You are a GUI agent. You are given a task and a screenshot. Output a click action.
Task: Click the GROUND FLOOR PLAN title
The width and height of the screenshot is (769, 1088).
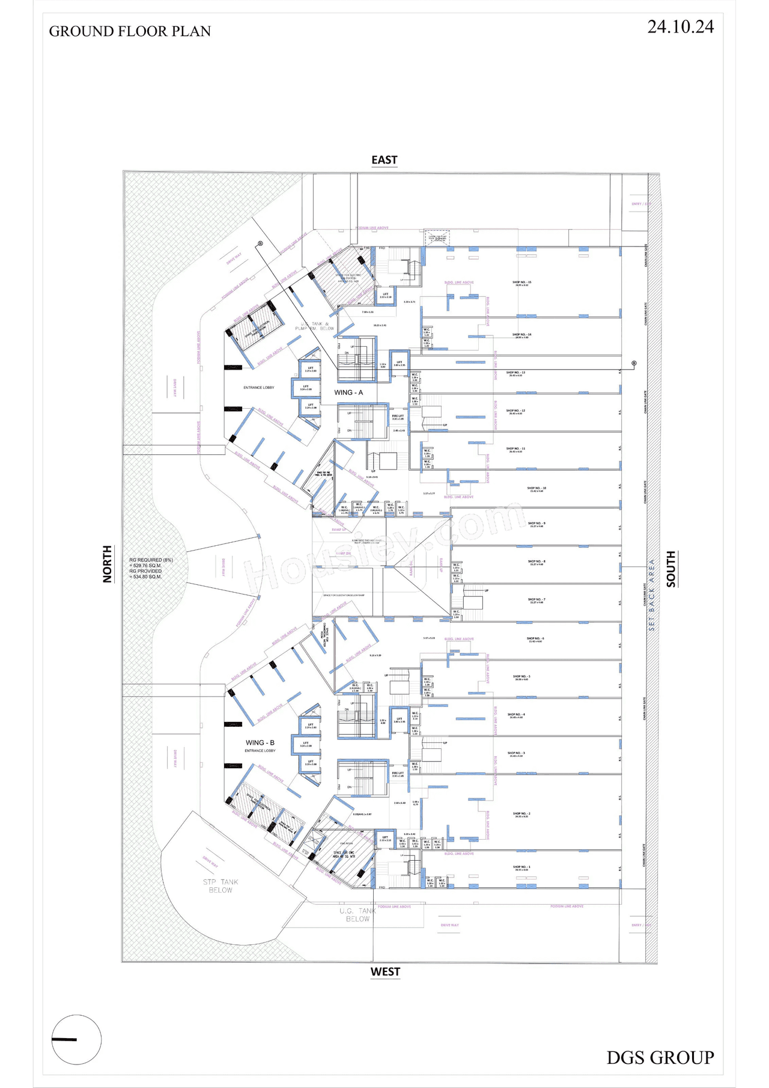point(130,31)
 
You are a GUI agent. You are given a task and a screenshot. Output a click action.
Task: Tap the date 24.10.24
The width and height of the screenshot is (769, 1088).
point(680,27)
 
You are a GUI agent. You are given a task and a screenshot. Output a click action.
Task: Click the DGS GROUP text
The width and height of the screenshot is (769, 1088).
point(660,1058)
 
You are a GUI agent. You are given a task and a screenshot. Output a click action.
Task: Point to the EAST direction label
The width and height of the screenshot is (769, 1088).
point(384,160)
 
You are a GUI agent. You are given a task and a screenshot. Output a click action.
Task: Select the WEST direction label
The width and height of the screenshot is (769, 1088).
point(385,972)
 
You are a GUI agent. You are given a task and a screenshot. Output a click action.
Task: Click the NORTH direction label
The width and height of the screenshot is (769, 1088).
point(108,564)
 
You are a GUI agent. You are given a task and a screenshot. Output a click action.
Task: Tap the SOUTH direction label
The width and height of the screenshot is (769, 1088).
point(671,569)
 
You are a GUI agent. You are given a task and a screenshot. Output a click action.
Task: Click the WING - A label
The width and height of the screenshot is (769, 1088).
point(348,393)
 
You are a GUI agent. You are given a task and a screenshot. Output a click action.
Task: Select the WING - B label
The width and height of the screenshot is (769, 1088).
point(260,743)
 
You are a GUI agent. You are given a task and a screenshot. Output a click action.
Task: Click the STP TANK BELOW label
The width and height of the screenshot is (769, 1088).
point(220,886)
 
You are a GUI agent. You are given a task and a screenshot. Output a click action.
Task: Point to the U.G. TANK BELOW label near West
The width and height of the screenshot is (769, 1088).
point(357,915)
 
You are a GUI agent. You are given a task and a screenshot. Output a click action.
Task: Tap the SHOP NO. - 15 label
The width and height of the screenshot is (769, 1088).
point(521,283)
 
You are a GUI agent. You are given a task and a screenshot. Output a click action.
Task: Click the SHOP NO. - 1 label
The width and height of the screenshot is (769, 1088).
point(521,867)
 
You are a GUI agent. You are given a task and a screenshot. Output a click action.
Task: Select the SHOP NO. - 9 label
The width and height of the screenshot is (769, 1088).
point(536,524)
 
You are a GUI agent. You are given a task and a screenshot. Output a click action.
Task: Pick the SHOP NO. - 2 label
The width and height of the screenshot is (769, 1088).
point(521,814)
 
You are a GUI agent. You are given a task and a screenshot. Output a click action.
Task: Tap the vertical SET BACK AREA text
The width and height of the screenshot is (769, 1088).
point(652,595)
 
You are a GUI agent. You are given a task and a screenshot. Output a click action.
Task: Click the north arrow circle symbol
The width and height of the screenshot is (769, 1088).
point(76,1039)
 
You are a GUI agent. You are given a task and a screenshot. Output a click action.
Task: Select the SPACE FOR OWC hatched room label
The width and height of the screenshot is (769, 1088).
point(344,854)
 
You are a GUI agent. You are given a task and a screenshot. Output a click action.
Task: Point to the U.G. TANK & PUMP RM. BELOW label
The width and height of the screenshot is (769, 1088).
point(315,326)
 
